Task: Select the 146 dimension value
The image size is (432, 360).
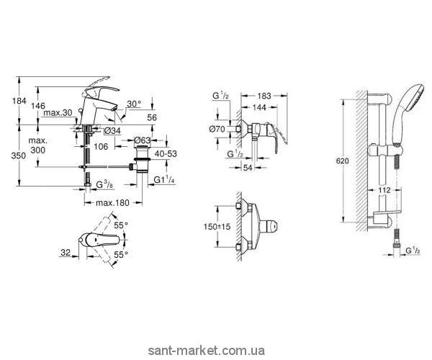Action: point(48,104)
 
